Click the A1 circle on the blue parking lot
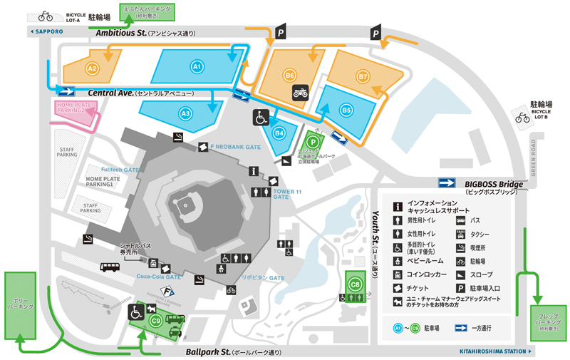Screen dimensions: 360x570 pyautogui.click(x=198, y=66)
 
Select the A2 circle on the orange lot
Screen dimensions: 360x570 pyautogui.click(x=91, y=68)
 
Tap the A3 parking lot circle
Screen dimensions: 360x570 pyautogui.click(x=185, y=113)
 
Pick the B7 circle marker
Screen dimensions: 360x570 pyautogui.click(x=363, y=76)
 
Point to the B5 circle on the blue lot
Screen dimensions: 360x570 pyautogui.click(x=346, y=110)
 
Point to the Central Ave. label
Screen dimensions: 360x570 pyautogui.click(x=114, y=93)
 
